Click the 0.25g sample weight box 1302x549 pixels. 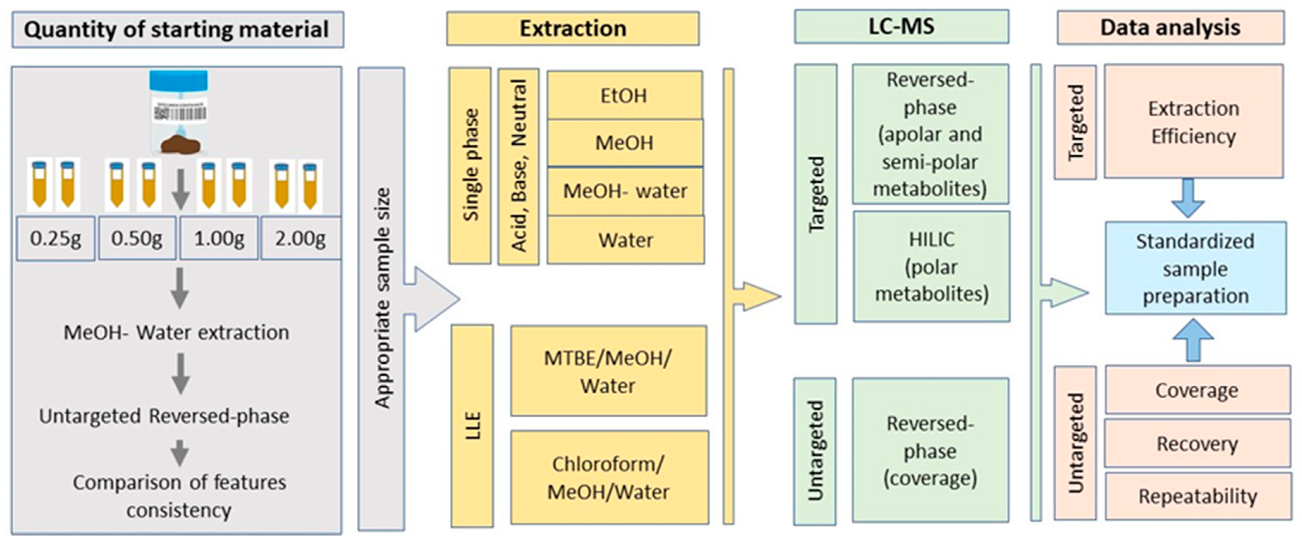click(x=56, y=238)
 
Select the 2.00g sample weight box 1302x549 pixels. click(x=301, y=238)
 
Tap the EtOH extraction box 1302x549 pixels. click(x=625, y=95)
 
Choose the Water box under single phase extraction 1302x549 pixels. click(x=626, y=240)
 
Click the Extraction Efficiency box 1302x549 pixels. click(x=1193, y=121)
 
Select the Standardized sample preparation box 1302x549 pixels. click(x=1196, y=268)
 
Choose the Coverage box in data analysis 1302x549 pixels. click(x=1197, y=390)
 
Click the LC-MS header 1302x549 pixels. click(x=901, y=27)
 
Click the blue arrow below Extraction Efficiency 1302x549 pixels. click(x=1188, y=198)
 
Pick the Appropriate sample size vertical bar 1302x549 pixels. click(x=381, y=298)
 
